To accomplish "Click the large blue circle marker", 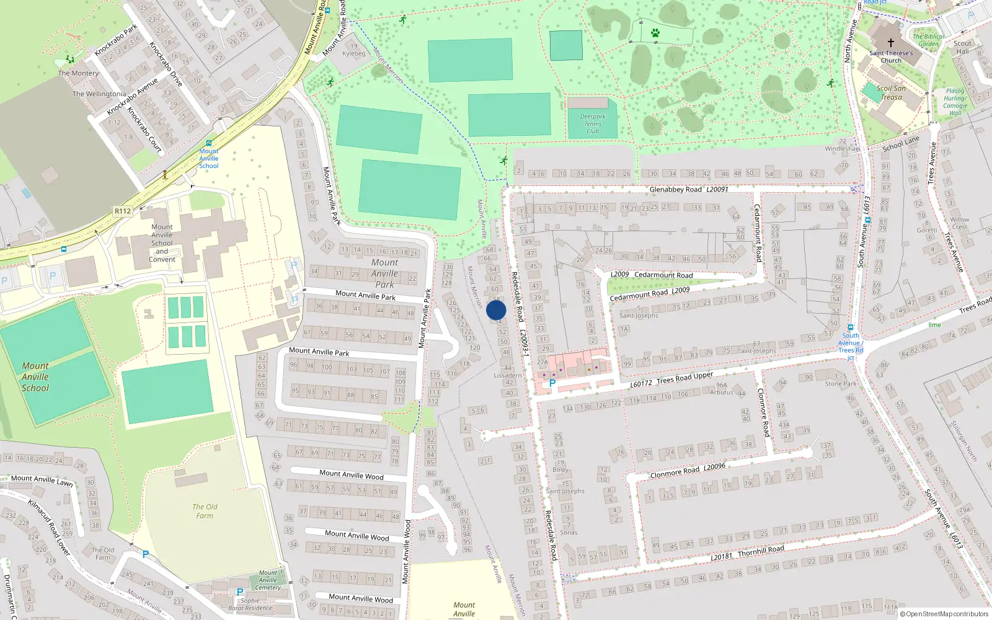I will tap(496, 310).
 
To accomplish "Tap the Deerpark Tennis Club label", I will tap(593, 123).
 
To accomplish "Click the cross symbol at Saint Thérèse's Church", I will tap(891, 43).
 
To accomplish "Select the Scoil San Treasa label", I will tap(891, 92).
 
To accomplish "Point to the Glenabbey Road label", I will tap(676, 190).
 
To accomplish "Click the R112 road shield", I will tap(123, 211).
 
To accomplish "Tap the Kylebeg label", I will tap(354, 53).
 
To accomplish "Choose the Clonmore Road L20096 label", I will tap(688, 471).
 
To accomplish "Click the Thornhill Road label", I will tap(761, 551).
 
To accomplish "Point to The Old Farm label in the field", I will tap(205, 511).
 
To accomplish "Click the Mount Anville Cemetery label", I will tap(268, 580).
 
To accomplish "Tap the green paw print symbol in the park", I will tap(655, 33).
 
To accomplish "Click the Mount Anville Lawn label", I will tap(42, 480).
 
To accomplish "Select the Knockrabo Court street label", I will tap(144, 130).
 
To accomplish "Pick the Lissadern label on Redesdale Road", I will tap(508, 375).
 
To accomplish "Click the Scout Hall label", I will tap(962, 47).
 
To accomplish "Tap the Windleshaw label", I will tap(842, 149).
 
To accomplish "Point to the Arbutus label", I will tap(721, 392).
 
